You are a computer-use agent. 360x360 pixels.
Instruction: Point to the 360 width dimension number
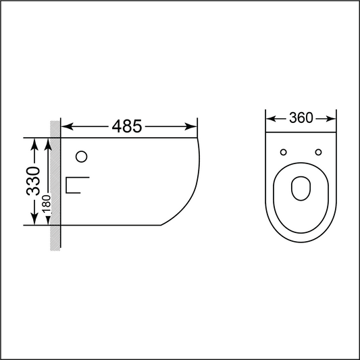301,118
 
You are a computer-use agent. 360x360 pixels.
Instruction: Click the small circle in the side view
82,157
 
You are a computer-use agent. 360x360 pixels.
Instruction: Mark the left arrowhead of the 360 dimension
269,118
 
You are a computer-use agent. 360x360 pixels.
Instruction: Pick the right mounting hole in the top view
317,151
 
